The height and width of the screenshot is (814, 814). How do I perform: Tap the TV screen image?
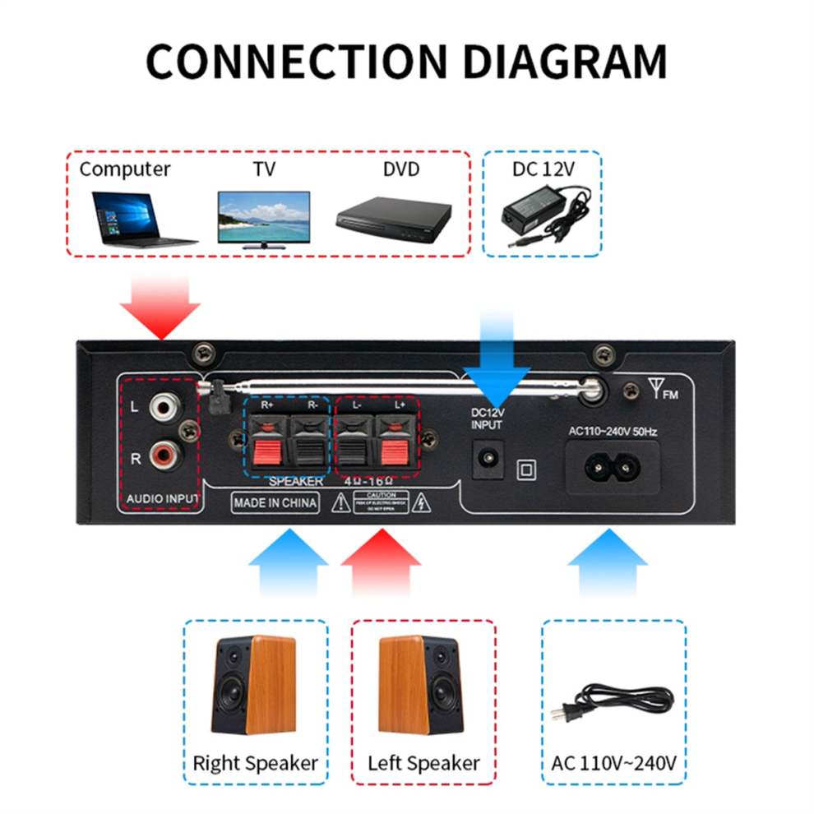click(x=263, y=219)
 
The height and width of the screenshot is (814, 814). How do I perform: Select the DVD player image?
click(x=394, y=216)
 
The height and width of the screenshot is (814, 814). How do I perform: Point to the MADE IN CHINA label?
click(x=275, y=502)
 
